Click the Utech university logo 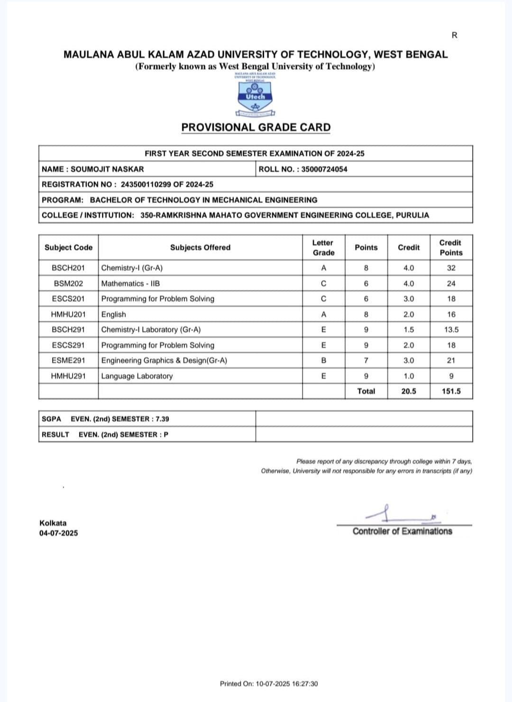click(256, 95)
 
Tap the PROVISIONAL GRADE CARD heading click(256, 127)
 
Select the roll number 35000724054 click(324, 169)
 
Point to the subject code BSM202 click(68, 284)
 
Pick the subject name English click(114, 314)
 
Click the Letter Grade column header click(323, 248)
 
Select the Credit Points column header click(450, 248)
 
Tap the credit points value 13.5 click(451, 330)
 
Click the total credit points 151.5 click(451, 391)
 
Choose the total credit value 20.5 click(409, 391)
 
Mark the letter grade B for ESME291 click(324, 360)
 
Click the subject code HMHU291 click(68, 376)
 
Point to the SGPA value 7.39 click(162, 419)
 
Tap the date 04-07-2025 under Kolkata click(59, 533)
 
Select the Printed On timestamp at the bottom click(269, 684)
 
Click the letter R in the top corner click(455, 35)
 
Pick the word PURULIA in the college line click(412, 215)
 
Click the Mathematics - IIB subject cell click(131, 284)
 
